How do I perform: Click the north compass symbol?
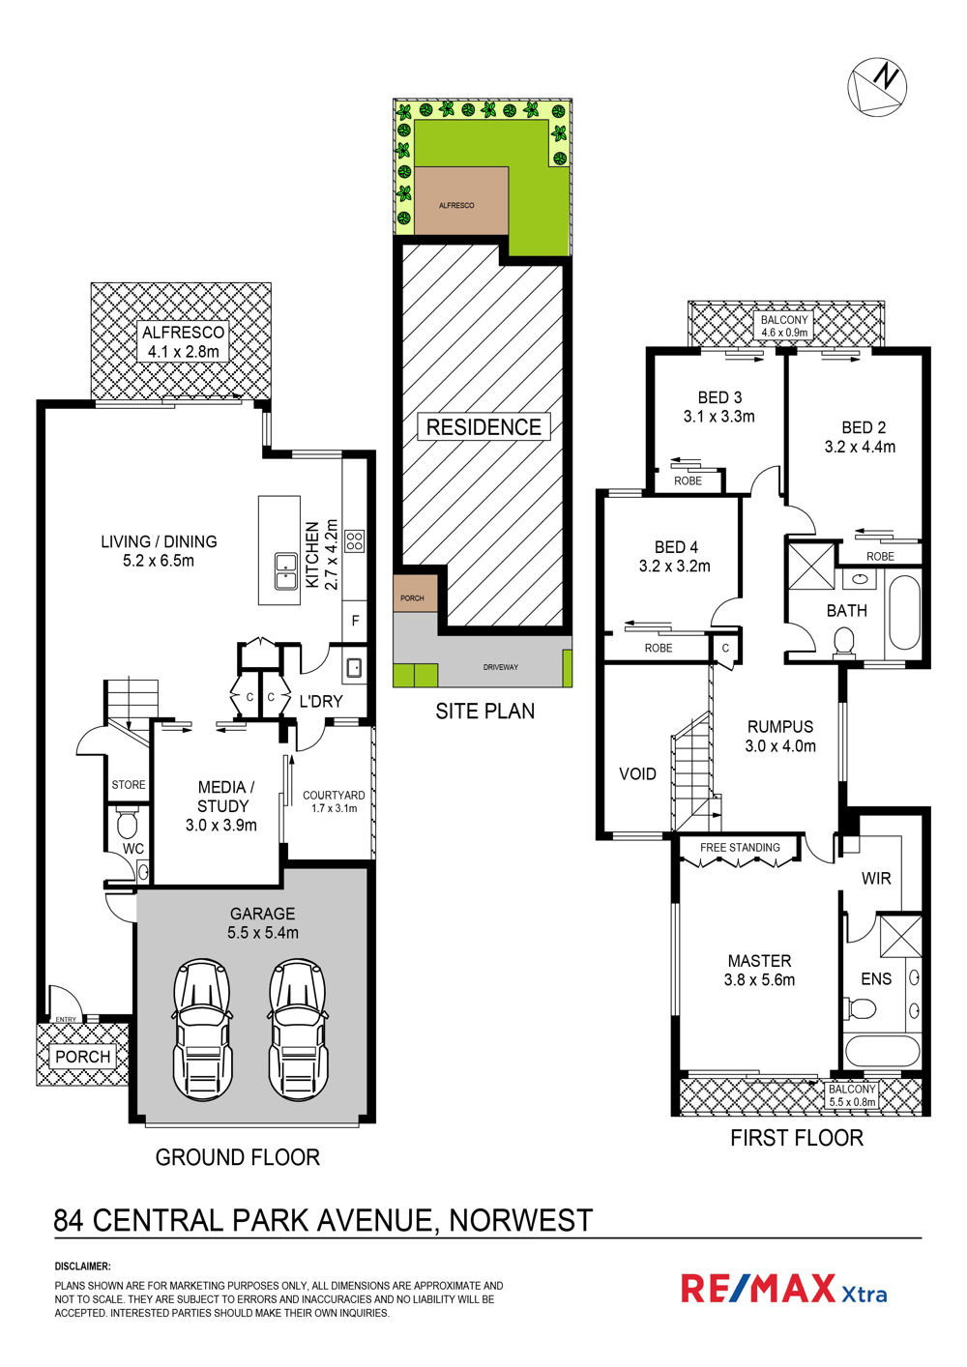(x=877, y=86)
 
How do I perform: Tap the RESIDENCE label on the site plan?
(x=483, y=426)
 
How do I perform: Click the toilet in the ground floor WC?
(x=128, y=824)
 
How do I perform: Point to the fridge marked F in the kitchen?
(x=355, y=621)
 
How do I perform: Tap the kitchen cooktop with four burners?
(x=355, y=540)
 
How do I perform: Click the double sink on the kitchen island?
(x=285, y=571)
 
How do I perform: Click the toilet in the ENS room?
(x=860, y=1008)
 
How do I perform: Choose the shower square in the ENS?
(x=900, y=935)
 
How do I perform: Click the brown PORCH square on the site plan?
(x=415, y=594)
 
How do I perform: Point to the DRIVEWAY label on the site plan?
(x=501, y=667)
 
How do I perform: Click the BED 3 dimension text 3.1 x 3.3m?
(x=719, y=417)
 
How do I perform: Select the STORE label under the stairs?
(x=129, y=785)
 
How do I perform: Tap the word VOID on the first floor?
(x=637, y=774)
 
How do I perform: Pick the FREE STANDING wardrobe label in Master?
(x=740, y=848)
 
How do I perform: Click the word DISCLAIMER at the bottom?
(x=83, y=1266)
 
